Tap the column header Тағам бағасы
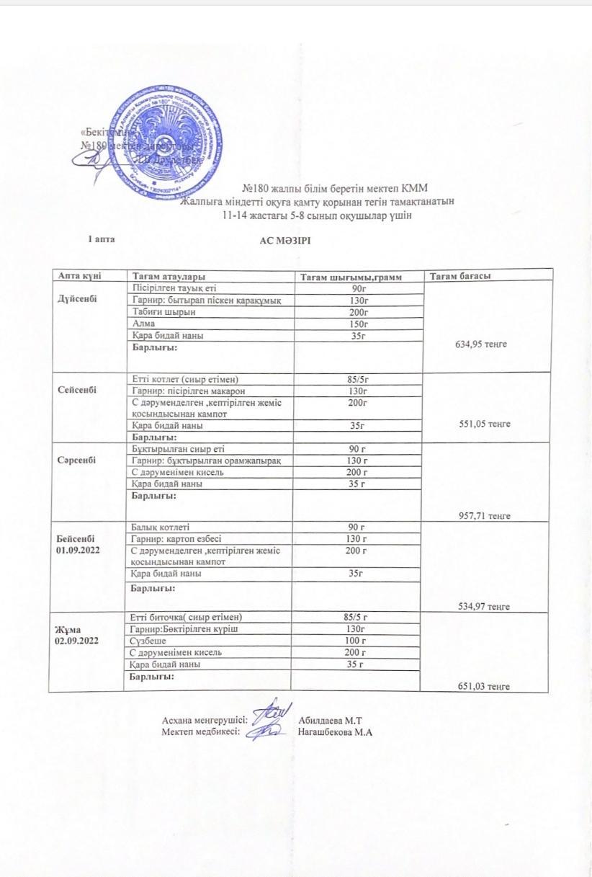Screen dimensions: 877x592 (x=460, y=276)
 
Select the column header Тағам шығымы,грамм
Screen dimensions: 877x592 (x=350, y=277)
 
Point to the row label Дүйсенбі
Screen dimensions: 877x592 (x=77, y=299)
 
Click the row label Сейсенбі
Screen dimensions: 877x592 (x=76, y=390)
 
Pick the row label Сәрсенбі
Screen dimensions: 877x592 (x=77, y=460)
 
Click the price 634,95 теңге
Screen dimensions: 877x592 (x=481, y=344)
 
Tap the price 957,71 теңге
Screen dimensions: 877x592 (x=484, y=516)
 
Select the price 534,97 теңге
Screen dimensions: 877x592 (x=484, y=606)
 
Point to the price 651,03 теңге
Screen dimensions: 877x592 (x=483, y=687)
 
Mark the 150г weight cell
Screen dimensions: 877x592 (x=358, y=324)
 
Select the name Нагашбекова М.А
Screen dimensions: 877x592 (x=335, y=732)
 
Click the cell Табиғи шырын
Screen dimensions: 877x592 (x=164, y=312)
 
